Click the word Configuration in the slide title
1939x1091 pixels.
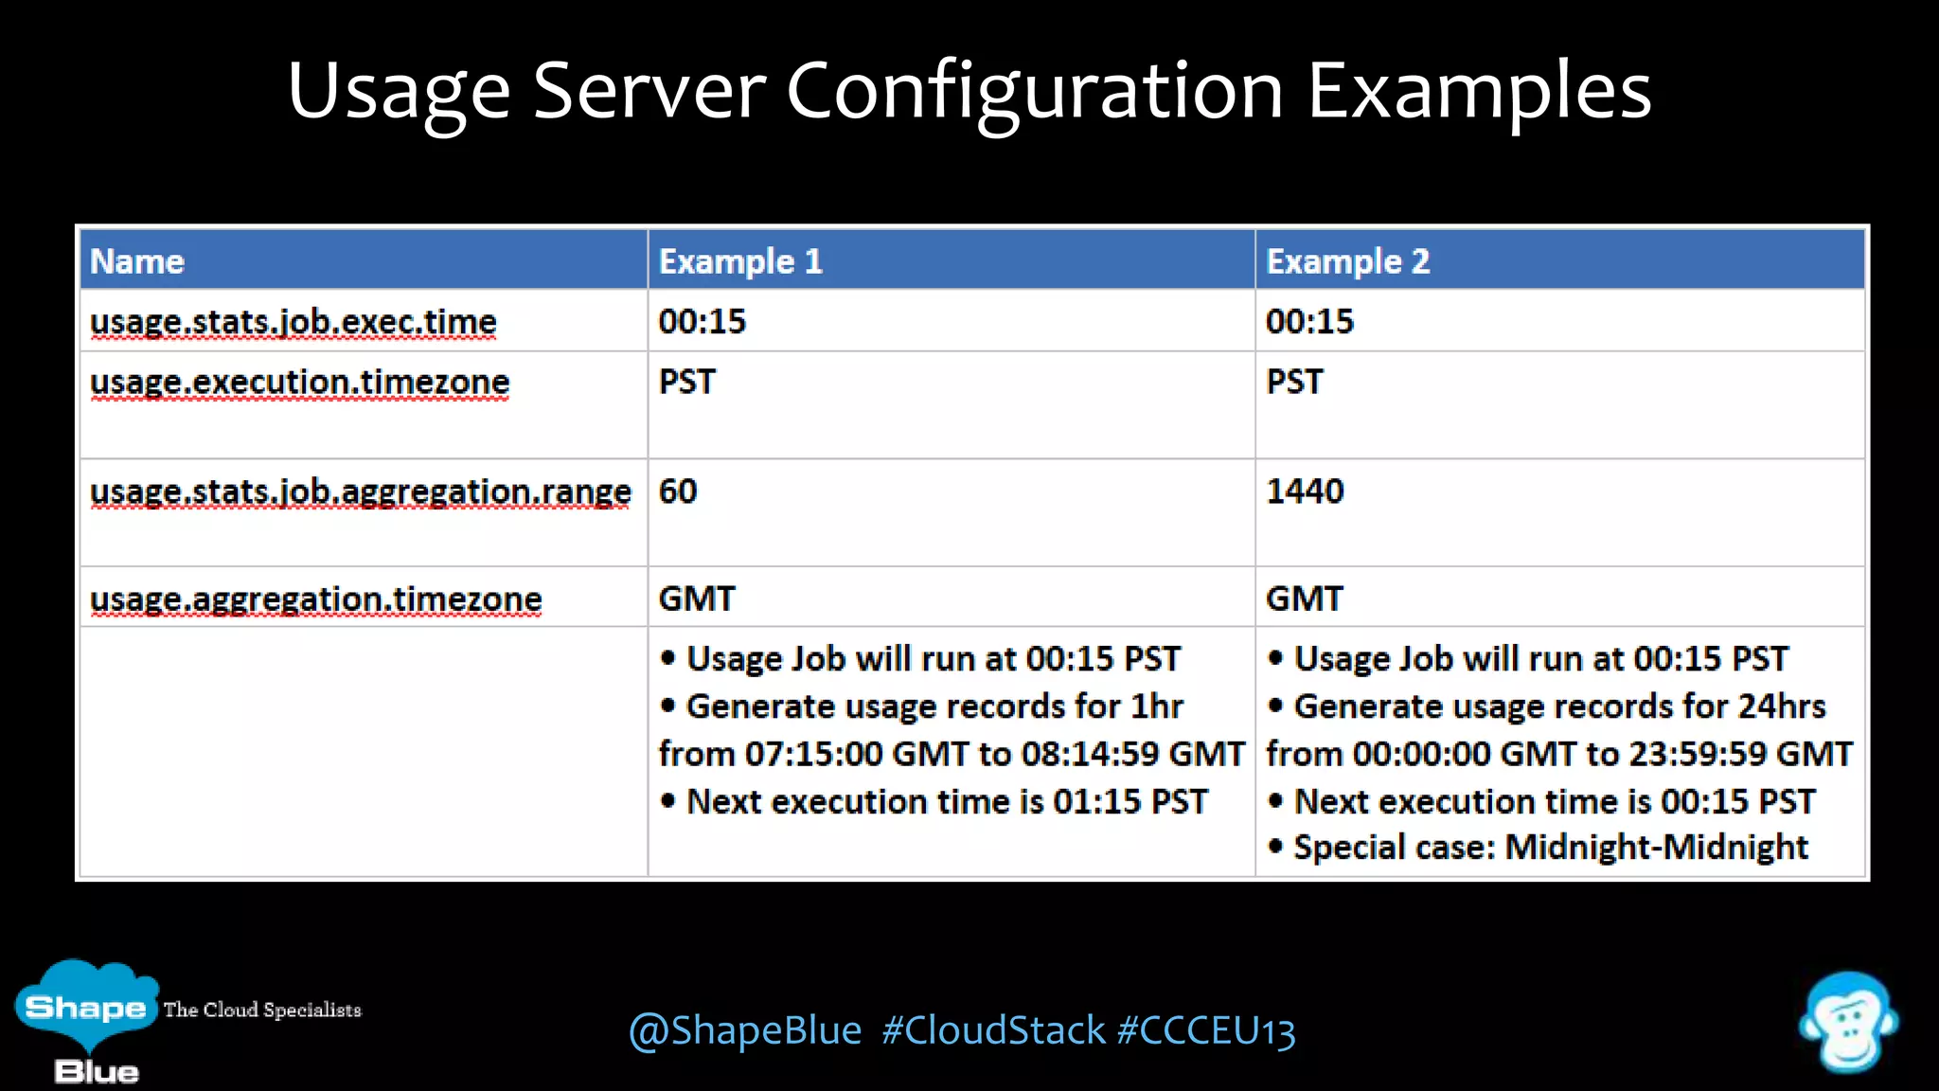(x=1034, y=92)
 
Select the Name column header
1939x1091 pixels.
(x=137, y=261)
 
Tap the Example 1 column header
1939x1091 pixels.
(x=740, y=261)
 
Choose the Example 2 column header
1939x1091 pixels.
(x=1347, y=261)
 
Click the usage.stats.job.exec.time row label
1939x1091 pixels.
(x=294, y=322)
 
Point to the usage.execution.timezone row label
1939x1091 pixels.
(x=300, y=382)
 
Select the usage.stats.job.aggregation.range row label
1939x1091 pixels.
(x=361, y=492)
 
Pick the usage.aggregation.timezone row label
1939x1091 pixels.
(x=316, y=599)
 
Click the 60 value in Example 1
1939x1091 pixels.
(x=678, y=492)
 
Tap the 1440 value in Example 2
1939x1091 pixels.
(x=1305, y=492)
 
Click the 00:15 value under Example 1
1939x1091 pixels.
(x=703, y=322)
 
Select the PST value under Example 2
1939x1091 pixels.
(x=1294, y=382)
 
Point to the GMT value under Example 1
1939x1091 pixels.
(x=697, y=599)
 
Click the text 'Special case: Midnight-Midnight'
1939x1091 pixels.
(x=1550, y=847)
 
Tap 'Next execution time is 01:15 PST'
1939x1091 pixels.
(x=946, y=802)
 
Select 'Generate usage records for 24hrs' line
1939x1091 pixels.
(x=1558, y=706)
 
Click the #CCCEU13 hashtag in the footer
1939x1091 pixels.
(x=1206, y=1031)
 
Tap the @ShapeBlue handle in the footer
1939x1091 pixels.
(x=745, y=1031)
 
